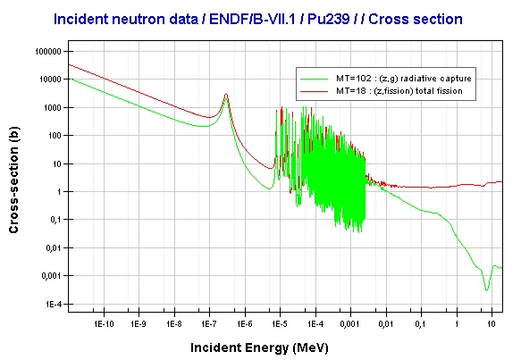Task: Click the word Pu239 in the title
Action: (328, 20)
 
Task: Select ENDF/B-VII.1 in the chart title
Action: (252, 20)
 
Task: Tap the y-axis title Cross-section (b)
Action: (13, 180)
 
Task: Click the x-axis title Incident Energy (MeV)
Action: (259, 347)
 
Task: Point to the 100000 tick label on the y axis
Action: (48, 52)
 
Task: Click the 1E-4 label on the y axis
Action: (54, 305)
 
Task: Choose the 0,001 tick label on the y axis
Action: (52, 276)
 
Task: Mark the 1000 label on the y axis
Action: (53, 107)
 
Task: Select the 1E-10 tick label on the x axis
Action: (104, 323)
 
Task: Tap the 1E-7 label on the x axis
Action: (209, 323)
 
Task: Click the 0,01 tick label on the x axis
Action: (386, 323)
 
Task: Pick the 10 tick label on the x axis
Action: (492, 323)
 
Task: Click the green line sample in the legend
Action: (314, 79)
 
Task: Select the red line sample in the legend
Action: (314, 91)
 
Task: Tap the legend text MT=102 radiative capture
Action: (404, 79)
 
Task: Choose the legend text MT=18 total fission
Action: (399, 91)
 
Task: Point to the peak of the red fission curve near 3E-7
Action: (226, 95)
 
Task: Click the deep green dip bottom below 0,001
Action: (486, 290)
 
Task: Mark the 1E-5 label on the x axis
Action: (280, 323)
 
